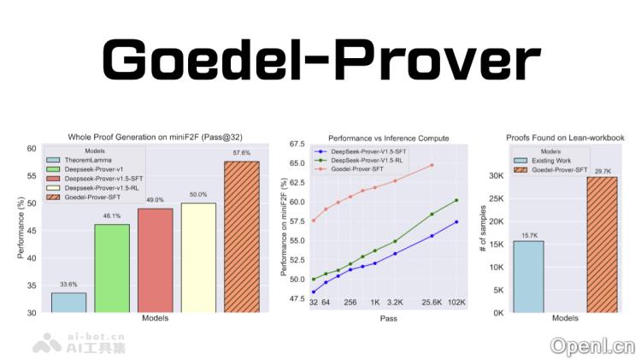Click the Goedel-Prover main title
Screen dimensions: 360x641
point(320,61)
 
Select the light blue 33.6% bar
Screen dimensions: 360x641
point(68,303)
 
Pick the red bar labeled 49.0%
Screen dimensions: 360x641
point(155,260)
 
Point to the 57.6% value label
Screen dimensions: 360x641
point(241,153)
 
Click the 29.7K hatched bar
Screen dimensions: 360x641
point(602,245)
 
